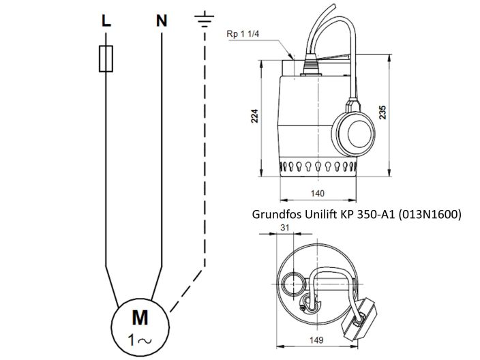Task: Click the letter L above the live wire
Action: point(105,21)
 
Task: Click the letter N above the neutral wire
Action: point(162,21)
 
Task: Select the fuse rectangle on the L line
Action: point(105,61)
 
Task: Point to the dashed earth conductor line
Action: point(205,170)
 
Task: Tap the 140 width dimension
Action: point(317,194)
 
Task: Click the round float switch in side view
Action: point(355,127)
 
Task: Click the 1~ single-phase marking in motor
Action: point(139,336)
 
